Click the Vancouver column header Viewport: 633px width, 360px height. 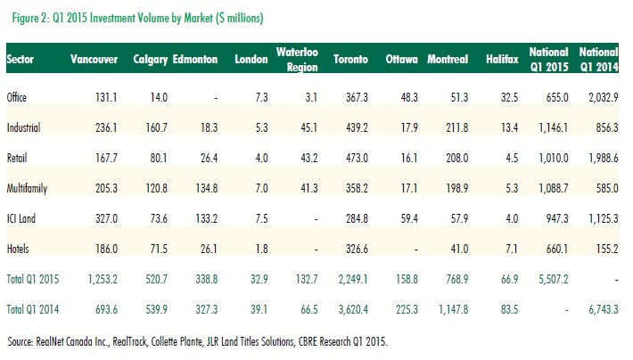[x=95, y=59]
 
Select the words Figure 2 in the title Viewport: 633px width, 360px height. [x=27, y=17]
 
